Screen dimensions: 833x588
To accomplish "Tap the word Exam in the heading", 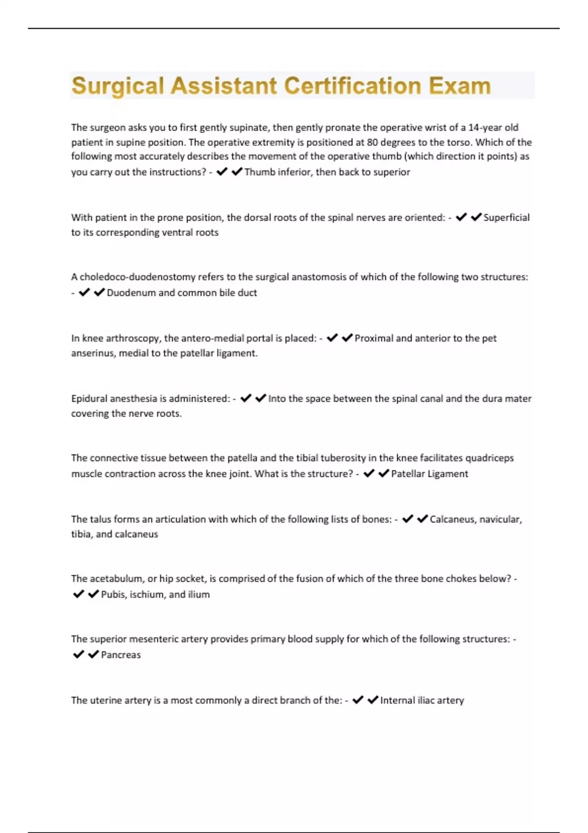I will (x=460, y=86).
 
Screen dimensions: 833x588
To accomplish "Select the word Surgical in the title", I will (x=118, y=86).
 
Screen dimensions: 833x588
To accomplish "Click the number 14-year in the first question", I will (x=485, y=127).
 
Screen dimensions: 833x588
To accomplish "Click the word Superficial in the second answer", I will (x=506, y=218).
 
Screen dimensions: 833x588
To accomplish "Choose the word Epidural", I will (x=89, y=398).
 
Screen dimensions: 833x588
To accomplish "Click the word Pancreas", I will (x=121, y=655).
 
